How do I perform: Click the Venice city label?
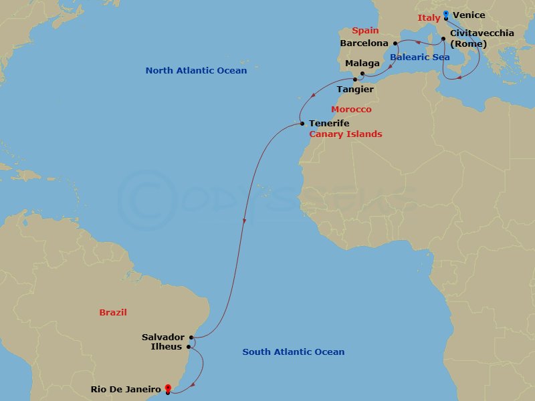coord(469,15)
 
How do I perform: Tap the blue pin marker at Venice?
coord(446,13)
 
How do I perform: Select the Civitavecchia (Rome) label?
coord(482,38)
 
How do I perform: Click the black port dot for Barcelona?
coord(395,43)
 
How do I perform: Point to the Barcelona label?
coord(364,43)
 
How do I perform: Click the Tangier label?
coord(355,89)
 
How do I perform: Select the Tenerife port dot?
coord(302,123)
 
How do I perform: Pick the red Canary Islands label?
coord(345,134)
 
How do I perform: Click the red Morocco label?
coord(351,109)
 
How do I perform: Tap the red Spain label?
coord(365,30)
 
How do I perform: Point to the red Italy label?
coord(429,18)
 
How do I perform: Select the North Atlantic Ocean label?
coord(196,70)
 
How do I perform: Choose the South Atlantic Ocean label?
coord(294,352)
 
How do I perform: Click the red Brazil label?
coord(113,312)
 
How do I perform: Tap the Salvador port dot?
coord(192,337)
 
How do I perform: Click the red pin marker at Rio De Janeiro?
coord(167,388)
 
